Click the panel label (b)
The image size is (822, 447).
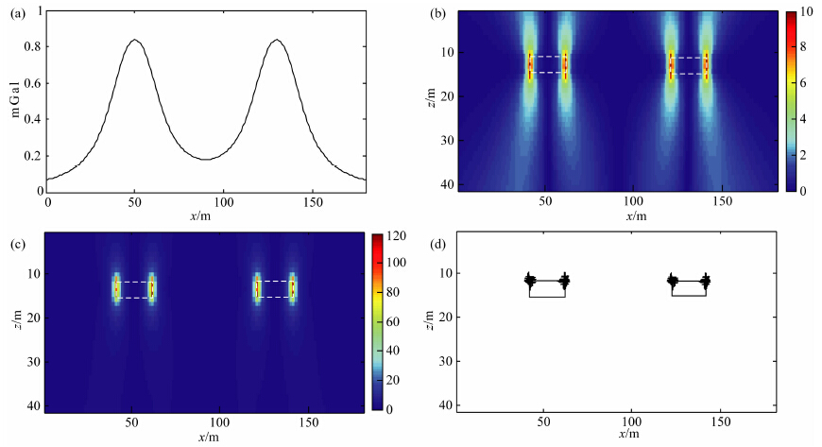[x=437, y=14]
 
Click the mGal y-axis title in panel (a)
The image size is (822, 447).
[x=14, y=98]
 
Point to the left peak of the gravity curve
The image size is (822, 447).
[x=135, y=41]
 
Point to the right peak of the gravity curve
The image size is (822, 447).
[x=276, y=41]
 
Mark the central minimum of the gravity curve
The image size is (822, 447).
[x=206, y=159]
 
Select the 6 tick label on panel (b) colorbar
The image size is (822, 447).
[x=803, y=83]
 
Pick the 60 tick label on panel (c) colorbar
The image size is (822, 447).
[x=392, y=321]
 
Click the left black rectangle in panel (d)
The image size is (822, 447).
[x=547, y=289]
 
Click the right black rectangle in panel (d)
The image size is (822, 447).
[x=689, y=288]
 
